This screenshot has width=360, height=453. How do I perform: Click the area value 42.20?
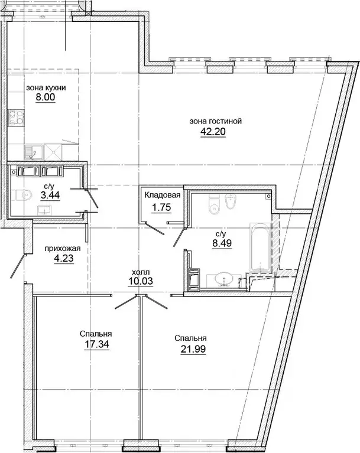pyautogui.click(x=213, y=132)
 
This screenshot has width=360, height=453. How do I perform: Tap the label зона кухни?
pyautogui.click(x=46, y=88)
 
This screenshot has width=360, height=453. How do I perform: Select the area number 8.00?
pyautogui.click(x=46, y=97)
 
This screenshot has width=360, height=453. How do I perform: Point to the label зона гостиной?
pyautogui.click(x=216, y=121)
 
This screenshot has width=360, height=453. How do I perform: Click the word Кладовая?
pyautogui.click(x=163, y=195)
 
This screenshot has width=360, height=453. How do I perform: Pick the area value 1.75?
pyautogui.click(x=161, y=207)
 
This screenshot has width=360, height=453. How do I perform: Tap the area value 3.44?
pyautogui.click(x=50, y=195)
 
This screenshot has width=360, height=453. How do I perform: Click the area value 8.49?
pyautogui.click(x=222, y=243)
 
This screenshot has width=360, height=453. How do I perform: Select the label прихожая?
pyautogui.click(x=62, y=249)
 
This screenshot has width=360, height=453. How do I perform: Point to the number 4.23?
pyautogui.click(x=64, y=258)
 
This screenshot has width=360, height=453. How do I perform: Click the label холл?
pyautogui.click(x=141, y=272)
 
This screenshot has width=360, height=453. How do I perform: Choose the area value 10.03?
pyautogui.click(x=141, y=281)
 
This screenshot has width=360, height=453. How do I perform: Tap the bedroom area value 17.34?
pyautogui.click(x=96, y=345)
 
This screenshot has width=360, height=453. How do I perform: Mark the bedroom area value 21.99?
pyautogui.click(x=193, y=349)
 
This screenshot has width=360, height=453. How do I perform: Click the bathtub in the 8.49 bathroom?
pyautogui.click(x=260, y=247)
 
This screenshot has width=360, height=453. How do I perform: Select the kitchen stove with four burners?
pyautogui.click(x=16, y=118)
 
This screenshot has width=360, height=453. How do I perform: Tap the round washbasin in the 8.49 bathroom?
pyautogui.click(x=225, y=279)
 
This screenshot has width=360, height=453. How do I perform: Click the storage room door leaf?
pyautogui.click(x=155, y=228)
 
